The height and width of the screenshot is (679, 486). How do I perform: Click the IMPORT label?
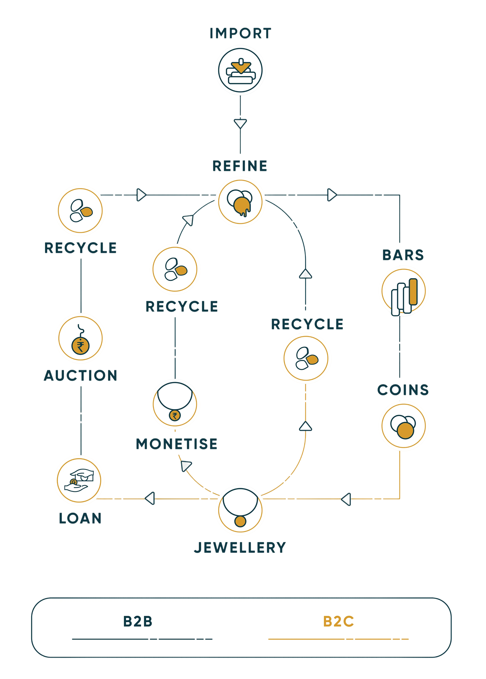[240, 33]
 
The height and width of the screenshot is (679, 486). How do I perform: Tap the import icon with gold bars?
[240, 71]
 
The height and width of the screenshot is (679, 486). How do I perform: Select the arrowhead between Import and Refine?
[240, 124]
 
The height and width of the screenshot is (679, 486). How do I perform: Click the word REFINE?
[240, 166]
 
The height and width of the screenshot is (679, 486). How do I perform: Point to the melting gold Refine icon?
[240, 202]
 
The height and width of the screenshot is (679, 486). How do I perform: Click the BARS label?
[403, 255]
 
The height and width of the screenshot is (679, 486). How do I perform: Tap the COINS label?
[403, 390]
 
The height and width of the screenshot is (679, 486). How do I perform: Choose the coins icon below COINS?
[404, 426]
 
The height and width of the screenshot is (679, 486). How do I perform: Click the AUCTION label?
[81, 376]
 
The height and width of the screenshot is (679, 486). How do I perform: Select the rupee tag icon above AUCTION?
[81, 338]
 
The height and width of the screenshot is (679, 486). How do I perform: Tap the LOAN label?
[80, 518]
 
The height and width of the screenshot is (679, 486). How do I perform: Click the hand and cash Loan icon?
[79, 480]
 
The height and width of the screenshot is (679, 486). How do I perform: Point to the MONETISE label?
[176, 444]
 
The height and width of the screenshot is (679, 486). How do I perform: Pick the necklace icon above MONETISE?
[175, 404]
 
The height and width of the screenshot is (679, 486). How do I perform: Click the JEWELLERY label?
[240, 548]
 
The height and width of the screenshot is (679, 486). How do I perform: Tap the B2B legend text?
[138, 621]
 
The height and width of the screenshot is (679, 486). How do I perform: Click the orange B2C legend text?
[338, 621]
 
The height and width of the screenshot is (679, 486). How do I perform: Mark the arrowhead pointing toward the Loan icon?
[150, 499]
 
